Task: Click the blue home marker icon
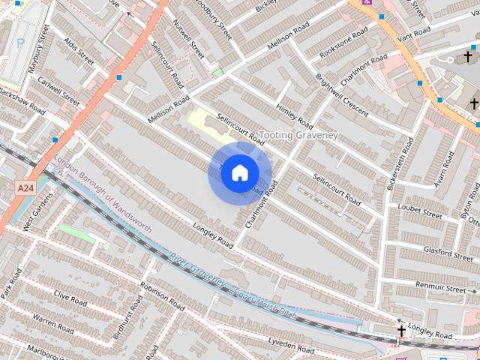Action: (239, 173)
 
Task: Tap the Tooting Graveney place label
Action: (298, 135)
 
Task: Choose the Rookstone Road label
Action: (343, 43)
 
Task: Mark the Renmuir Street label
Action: (441, 287)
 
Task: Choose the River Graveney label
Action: (196, 271)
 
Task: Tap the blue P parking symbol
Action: (20, 43)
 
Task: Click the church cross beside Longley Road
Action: (401, 331)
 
